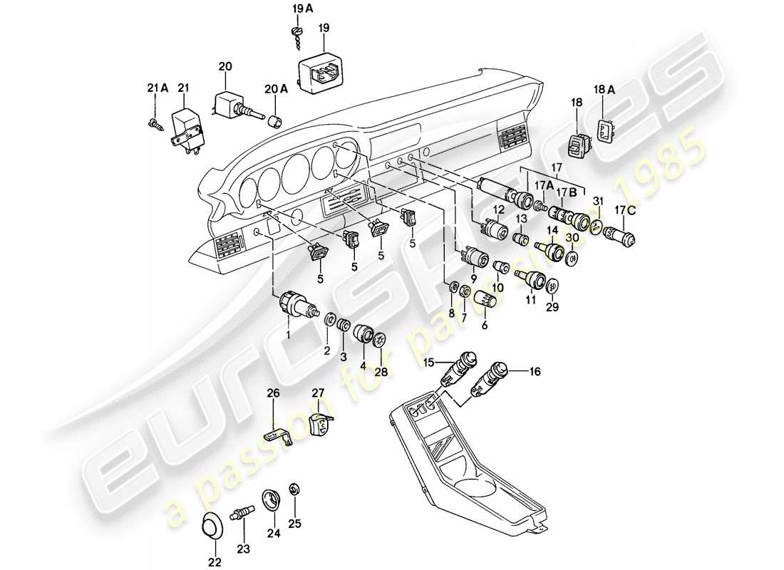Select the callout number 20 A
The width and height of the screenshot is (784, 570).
click(x=279, y=89)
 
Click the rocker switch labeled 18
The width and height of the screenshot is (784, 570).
click(x=577, y=147)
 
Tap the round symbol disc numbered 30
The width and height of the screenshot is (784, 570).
click(x=572, y=256)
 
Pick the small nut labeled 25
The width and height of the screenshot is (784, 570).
click(x=294, y=489)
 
